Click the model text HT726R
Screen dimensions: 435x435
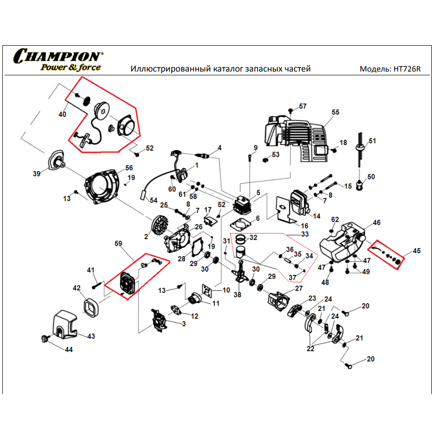pos(406,69)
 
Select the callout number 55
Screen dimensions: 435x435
pos(335,113)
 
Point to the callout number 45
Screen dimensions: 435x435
pos(417,251)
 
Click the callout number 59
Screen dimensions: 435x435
pos(118,244)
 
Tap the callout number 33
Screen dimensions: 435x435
pos(305,234)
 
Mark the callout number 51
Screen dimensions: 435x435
pos(372,141)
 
